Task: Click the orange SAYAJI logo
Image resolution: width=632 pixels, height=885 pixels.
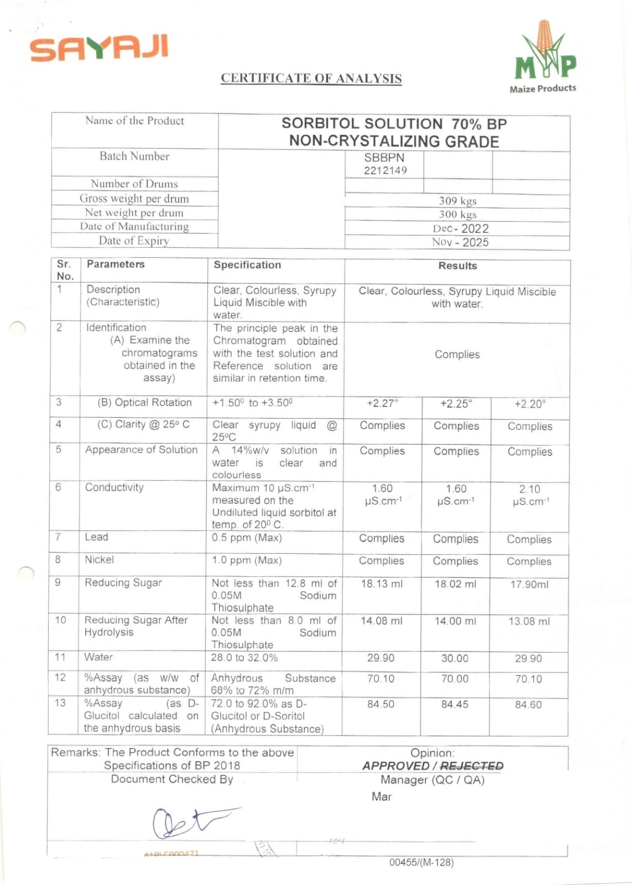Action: pos(99,48)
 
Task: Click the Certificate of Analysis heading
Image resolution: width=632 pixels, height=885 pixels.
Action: pos(311,78)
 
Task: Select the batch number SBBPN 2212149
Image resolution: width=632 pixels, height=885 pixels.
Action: pos(385,164)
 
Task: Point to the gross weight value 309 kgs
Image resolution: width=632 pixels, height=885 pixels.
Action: pos(457,201)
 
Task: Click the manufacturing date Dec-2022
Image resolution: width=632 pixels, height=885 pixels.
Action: pos(460,228)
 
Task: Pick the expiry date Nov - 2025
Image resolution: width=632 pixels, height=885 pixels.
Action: pos(460,242)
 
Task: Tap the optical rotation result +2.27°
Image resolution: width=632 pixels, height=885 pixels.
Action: pos(382,404)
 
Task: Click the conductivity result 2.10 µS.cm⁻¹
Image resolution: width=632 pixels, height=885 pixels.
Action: pos(530,495)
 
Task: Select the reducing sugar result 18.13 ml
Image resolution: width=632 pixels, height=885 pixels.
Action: pos(382,584)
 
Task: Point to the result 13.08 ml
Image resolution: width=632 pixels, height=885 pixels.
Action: pos(529,621)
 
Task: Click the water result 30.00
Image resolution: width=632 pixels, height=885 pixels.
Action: pos(455,658)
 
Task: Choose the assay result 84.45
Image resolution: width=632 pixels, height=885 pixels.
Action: pos(455,704)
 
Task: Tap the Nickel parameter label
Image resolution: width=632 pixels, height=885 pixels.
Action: pos(100,560)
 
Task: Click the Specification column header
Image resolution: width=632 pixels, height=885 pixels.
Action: pos(247,265)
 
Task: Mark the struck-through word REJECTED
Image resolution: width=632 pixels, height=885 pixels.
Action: pos(472,766)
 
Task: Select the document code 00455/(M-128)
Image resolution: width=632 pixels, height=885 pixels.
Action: pos(421,862)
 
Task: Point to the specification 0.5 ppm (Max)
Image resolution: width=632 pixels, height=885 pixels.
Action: pos(247,538)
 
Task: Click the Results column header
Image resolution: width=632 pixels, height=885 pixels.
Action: pos(457,266)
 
